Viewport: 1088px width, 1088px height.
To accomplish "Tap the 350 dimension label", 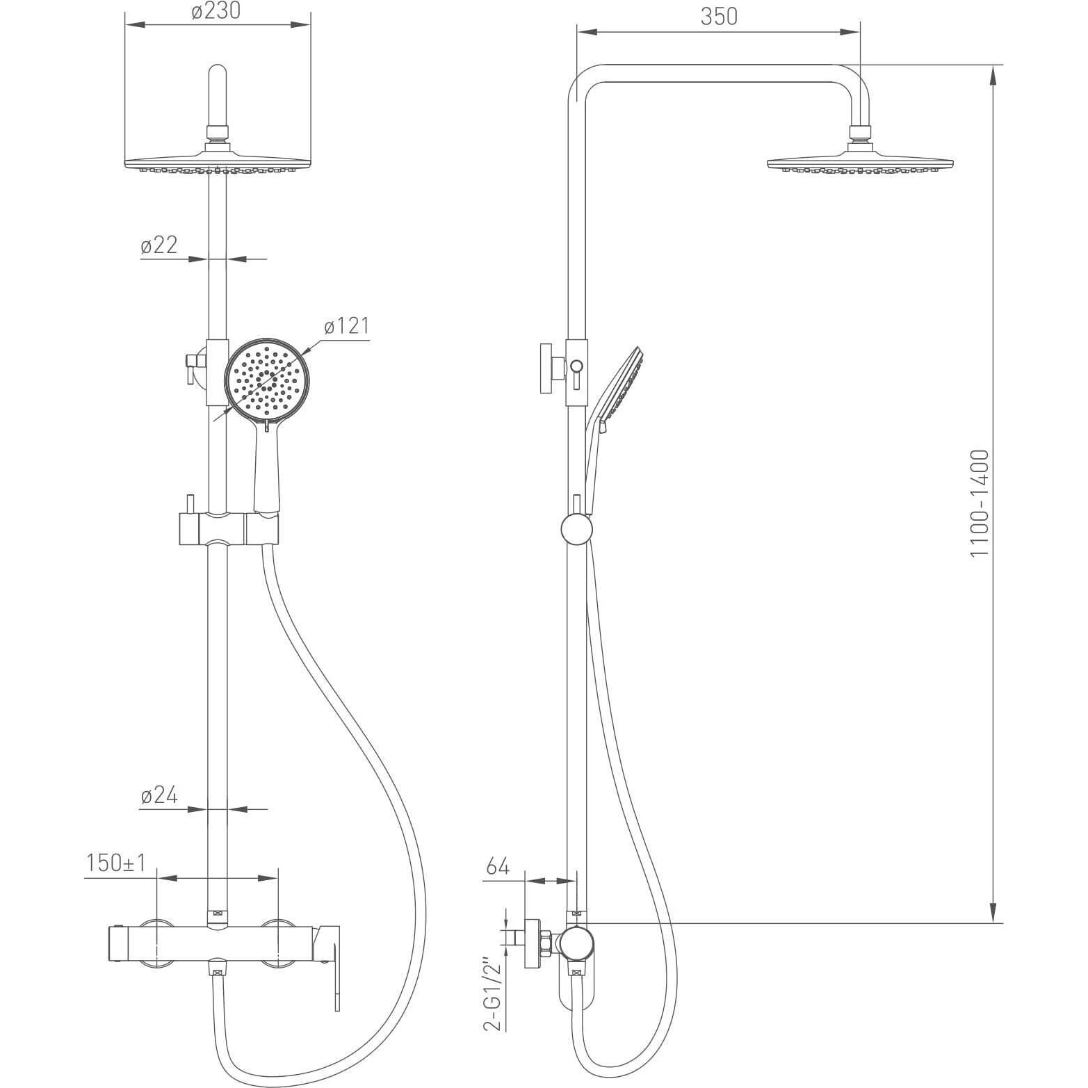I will pyautogui.click(x=718, y=16).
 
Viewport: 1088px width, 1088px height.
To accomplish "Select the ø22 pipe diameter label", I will pyautogui.click(x=159, y=245).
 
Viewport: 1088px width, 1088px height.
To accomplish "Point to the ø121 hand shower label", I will pyautogui.click(x=346, y=325).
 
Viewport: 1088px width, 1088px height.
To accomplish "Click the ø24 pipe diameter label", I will pyautogui.click(x=159, y=795).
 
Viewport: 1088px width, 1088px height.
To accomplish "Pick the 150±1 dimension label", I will pyautogui.click(x=115, y=863).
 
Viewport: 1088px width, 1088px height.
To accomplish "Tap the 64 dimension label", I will pyautogui.click(x=498, y=867).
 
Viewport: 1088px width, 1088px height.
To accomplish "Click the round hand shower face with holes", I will pyautogui.click(x=265, y=380).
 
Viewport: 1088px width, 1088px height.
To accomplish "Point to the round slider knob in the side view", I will pyautogui.click(x=576, y=529).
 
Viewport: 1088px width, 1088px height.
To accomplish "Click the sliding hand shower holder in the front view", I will pyautogui.click(x=229, y=529).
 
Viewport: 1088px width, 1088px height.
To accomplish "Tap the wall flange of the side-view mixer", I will pyautogui.click(x=533, y=943).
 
